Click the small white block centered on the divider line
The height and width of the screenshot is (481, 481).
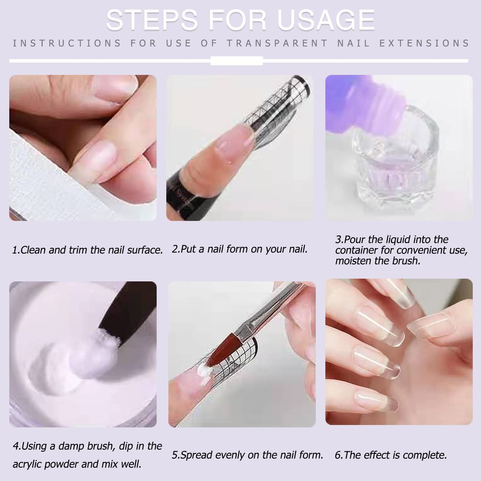point(236,61)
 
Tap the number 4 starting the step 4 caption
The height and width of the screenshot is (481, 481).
point(16,446)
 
